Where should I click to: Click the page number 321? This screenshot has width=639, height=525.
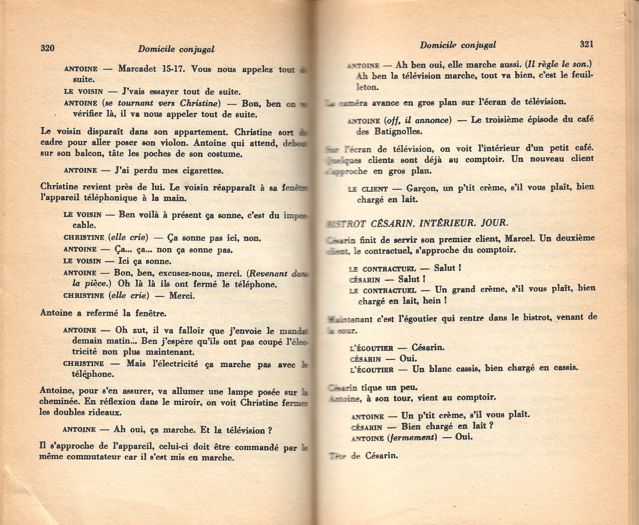pos(587,44)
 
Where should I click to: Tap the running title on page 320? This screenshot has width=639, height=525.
pos(176,49)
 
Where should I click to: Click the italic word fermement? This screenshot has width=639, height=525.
pos(412,438)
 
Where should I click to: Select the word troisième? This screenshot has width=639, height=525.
pos(508,120)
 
